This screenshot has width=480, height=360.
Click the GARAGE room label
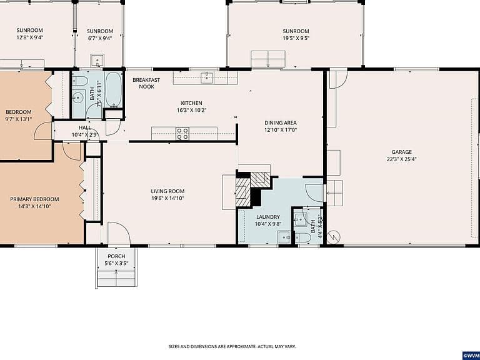pyautogui.click(x=402, y=152)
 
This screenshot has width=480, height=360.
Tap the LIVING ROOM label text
pyautogui.click(x=167, y=191)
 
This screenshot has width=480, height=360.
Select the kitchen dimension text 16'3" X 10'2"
pyautogui.click(x=192, y=110)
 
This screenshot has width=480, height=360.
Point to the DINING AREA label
pyautogui.click(x=281, y=122)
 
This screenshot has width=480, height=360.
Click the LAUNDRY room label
pyautogui.click(x=268, y=217)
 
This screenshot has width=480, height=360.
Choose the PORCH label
pyautogui.click(x=116, y=256)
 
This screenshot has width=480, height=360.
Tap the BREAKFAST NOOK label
pyautogui.click(x=146, y=83)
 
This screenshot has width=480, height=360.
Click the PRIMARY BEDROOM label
pyautogui.click(x=34, y=199)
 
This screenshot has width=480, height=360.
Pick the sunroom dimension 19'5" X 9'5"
pyautogui.click(x=296, y=38)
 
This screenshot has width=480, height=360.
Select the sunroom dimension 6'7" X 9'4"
pyautogui.click(x=100, y=38)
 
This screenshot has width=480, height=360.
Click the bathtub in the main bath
pyautogui.click(x=113, y=89)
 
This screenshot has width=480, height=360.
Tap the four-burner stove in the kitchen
pyautogui.click(x=182, y=134)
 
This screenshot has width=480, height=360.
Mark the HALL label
pyautogui.click(x=85, y=127)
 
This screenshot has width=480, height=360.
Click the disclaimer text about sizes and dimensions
pyautogui.click(x=232, y=346)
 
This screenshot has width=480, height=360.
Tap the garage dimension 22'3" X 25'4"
pyautogui.click(x=402, y=159)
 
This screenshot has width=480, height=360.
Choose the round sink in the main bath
pyautogui.click(x=78, y=98)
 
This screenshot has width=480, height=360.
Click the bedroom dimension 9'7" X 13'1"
pyautogui.click(x=19, y=119)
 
